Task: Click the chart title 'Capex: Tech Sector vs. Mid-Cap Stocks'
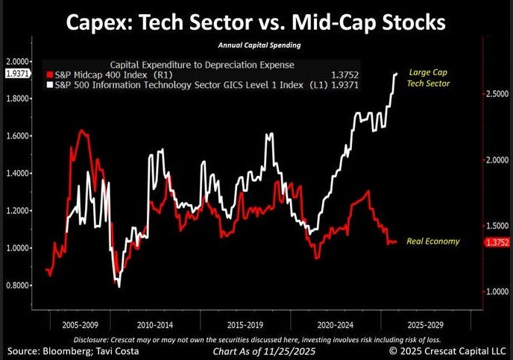255,22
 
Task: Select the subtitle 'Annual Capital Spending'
255,46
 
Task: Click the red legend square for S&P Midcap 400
49,75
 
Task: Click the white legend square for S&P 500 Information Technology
49,85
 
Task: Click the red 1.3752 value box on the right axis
495,242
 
